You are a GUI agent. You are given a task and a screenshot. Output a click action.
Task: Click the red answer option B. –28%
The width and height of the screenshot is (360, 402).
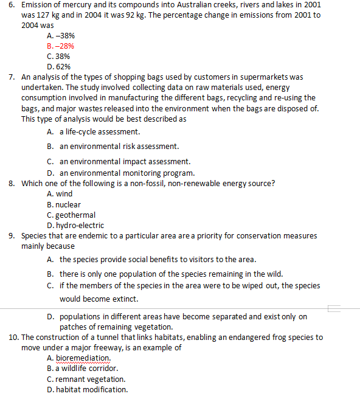click(x=60, y=46)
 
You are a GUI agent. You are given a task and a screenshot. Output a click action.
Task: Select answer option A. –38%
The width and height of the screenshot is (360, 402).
click(x=60, y=36)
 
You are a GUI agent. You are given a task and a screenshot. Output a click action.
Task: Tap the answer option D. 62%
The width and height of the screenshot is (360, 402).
click(x=58, y=66)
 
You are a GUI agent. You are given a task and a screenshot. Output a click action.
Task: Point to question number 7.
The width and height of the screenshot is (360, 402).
click(x=13, y=77)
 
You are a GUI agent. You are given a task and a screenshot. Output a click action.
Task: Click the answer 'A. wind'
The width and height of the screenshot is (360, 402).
click(x=59, y=193)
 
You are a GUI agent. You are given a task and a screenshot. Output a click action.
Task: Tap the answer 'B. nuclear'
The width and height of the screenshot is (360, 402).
click(x=63, y=204)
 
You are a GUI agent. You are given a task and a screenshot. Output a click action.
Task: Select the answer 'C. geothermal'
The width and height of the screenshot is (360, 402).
click(x=71, y=215)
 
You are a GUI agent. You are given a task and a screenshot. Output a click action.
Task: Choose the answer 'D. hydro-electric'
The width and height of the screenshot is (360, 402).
click(x=75, y=225)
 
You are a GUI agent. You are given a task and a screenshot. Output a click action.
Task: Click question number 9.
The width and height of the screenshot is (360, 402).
click(x=13, y=235)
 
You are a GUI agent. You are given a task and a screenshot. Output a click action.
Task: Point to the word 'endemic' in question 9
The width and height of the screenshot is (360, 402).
click(x=91, y=235)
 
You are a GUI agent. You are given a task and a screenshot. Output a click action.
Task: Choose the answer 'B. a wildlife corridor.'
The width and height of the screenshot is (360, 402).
click(x=82, y=368)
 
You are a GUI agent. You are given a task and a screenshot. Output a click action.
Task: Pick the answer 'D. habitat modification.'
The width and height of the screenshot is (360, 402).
click(x=87, y=389)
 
